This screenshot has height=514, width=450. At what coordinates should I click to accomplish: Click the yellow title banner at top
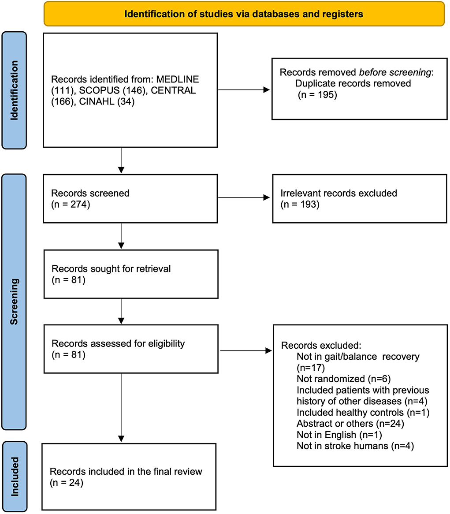pyautogui.click(x=244, y=14)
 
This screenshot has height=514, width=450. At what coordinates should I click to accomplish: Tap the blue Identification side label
pyautogui.click(x=14, y=90)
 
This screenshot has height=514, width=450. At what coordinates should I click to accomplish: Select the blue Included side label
pyautogui.click(x=15, y=476)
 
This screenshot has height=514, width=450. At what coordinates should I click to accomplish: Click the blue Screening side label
pyautogui.click(x=14, y=302)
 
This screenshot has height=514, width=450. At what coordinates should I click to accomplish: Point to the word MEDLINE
pyautogui.click(x=177, y=79)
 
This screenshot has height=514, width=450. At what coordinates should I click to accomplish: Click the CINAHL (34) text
pyautogui.click(x=107, y=102)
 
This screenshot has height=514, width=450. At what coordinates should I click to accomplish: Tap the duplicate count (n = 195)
pyautogui.click(x=317, y=95)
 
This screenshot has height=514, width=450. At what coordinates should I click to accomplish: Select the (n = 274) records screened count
pyautogui.click(x=71, y=204)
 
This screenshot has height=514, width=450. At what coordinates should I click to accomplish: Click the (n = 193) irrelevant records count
pyautogui.click(x=300, y=204)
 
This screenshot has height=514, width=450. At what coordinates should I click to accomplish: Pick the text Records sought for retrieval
pyautogui.click(x=111, y=269)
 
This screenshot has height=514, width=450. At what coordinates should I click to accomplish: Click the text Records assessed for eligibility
pyautogui.click(x=118, y=343)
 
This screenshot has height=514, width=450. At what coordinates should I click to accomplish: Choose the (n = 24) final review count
pyautogui.click(x=67, y=483)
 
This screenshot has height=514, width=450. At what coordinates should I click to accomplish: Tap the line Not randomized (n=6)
pyautogui.click(x=343, y=379)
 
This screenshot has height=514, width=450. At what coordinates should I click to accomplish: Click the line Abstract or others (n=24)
pyautogui.click(x=350, y=424)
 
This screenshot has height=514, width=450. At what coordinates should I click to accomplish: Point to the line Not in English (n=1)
pyautogui.click(x=339, y=435)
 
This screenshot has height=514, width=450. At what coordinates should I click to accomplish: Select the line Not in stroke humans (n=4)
pyautogui.click(x=355, y=446)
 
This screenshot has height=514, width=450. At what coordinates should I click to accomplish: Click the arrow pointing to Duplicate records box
pyautogui.click(x=244, y=89)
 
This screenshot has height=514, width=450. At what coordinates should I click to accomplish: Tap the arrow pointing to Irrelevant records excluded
pyautogui.click(x=244, y=197)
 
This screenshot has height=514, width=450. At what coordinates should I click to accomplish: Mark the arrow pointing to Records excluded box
pyautogui.click(x=246, y=351)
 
